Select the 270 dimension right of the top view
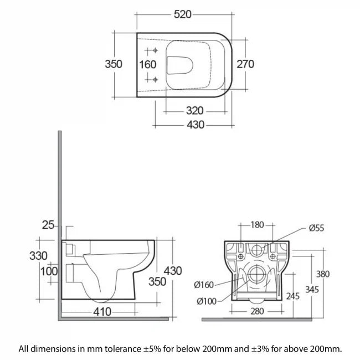click(x=244, y=64)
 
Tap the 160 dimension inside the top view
click(x=147, y=64)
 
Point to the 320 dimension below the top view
click(x=191, y=110)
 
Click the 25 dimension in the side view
click(x=48, y=224)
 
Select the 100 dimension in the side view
click(x=49, y=271)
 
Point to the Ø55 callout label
click(x=318, y=227)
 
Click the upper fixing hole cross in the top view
click(x=155, y=52)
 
